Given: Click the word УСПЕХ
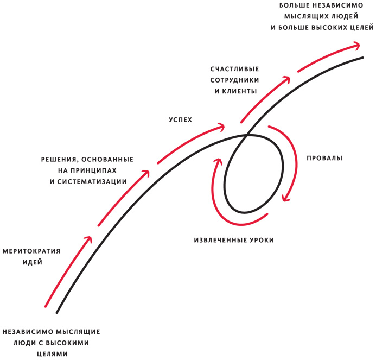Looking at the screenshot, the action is pyautogui.click(x=180, y=120).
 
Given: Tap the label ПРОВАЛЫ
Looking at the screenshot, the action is pyautogui.click(x=324, y=158).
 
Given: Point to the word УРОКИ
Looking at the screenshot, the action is pyautogui.click(x=262, y=240).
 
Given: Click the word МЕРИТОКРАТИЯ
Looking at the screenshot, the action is pyautogui.click(x=31, y=251).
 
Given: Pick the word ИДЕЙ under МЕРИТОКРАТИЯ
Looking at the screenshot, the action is pyautogui.click(x=33, y=262).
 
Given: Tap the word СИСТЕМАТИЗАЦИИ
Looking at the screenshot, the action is pyautogui.click(x=92, y=182).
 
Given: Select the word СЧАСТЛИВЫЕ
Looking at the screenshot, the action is pyautogui.click(x=235, y=69).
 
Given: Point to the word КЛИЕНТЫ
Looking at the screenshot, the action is pyautogui.click(x=239, y=91).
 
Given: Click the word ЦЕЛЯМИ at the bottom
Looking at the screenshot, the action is pyautogui.click(x=53, y=354).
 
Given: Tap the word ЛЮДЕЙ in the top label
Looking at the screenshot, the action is pyautogui.click(x=345, y=16).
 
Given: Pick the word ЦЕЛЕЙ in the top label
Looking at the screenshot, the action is pyautogui.click(x=359, y=28).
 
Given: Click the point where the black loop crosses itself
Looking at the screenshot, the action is pyautogui.click(x=246, y=136).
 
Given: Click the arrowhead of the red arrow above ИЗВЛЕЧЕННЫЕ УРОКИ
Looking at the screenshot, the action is pyautogui.click(x=218, y=161).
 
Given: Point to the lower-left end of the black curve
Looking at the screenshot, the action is pyautogui.click(x=57, y=313).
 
